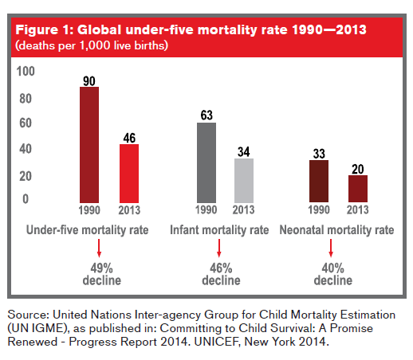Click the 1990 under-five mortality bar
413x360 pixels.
89,145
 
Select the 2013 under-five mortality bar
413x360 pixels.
129,174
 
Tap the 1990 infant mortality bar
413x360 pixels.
206,162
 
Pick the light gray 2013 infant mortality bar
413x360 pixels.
244,181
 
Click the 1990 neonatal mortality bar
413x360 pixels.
319,182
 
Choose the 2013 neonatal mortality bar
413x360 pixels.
358,189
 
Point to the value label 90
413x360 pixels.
89,81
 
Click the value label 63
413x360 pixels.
206,115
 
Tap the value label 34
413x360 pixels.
244,152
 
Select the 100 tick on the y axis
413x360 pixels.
26,72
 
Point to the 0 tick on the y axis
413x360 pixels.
26,199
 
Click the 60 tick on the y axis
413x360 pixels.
26,123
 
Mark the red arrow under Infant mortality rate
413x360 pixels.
219,248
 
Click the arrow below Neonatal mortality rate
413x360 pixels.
331,248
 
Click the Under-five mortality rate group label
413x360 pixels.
87,230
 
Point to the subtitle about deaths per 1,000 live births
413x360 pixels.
92,45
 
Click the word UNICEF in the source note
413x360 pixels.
217,342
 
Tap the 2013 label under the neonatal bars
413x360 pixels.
358,209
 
